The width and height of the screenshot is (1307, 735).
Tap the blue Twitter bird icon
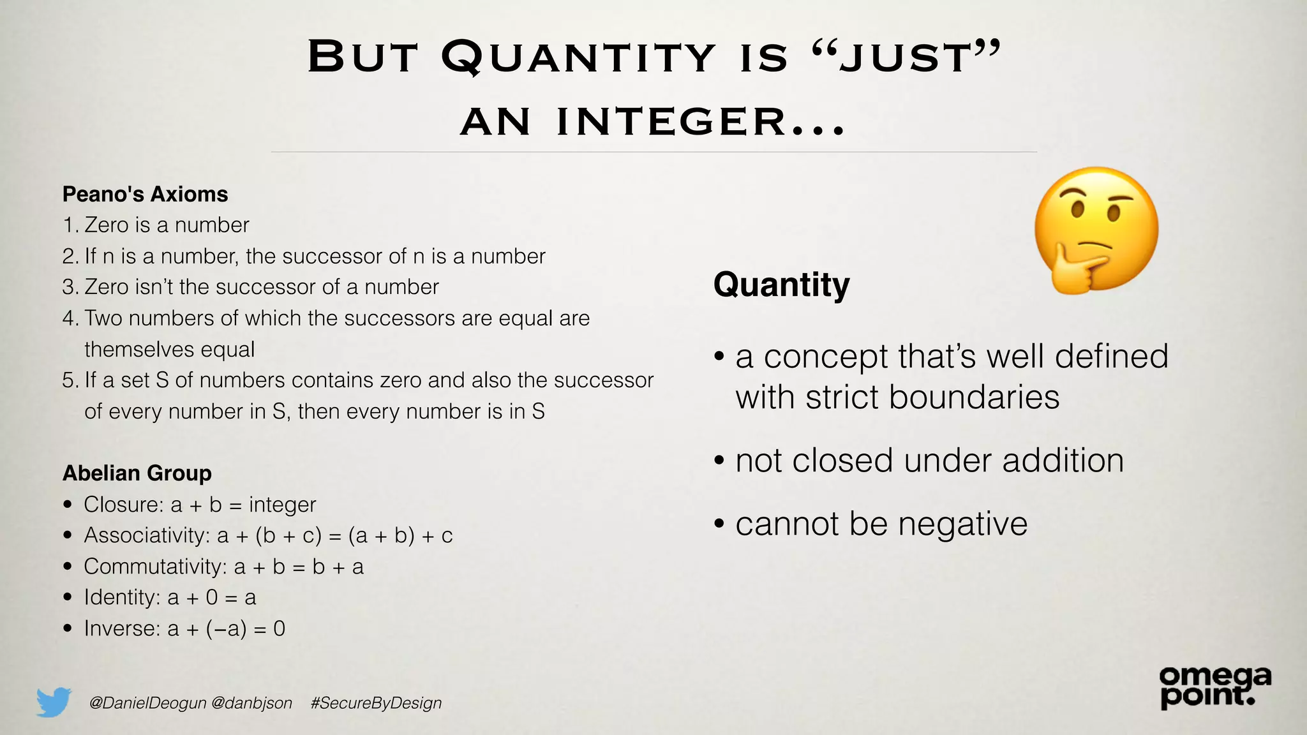tap(54, 702)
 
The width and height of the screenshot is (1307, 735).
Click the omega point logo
tap(1214, 687)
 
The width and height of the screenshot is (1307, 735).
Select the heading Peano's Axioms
tap(145, 194)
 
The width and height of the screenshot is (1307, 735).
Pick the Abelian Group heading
tap(137, 473)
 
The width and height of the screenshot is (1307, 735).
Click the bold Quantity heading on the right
tap(781, 285)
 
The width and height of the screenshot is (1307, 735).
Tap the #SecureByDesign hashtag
tap(376, 703)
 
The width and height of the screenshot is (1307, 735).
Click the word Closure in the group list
tap(123, 505)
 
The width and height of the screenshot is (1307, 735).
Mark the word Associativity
tap(146, 535)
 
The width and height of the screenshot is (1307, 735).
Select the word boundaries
tap(974, 397)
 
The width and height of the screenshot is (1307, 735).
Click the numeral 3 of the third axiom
tap(69, 287)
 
